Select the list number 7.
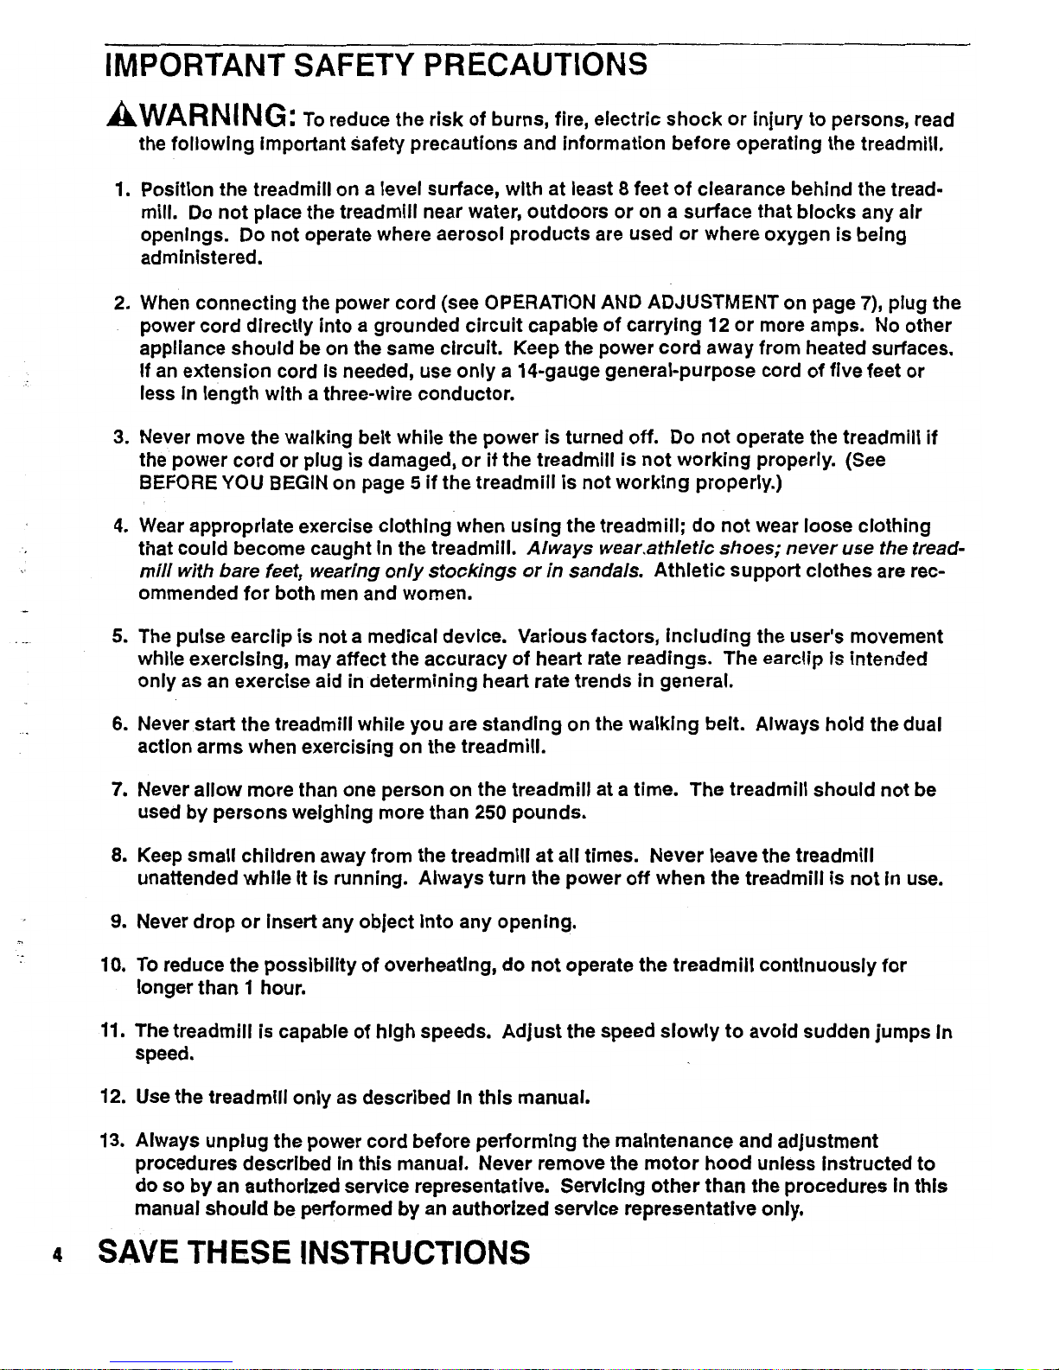(120, 790)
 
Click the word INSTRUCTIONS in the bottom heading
(413, 1252)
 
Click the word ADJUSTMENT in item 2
(712, 303)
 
